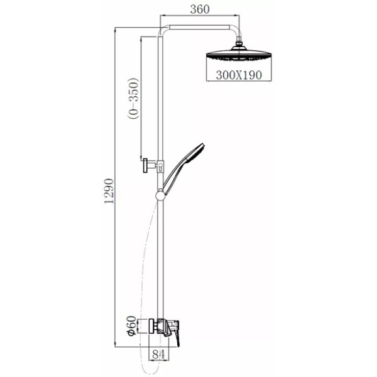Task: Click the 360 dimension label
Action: [200, 9]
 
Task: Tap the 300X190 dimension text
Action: [239, 75]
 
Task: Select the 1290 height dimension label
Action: [109, 191]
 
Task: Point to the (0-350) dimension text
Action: [134, 99]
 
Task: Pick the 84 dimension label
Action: [159, 354]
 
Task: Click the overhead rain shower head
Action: [239, 54]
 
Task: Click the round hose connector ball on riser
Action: [160, 195]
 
